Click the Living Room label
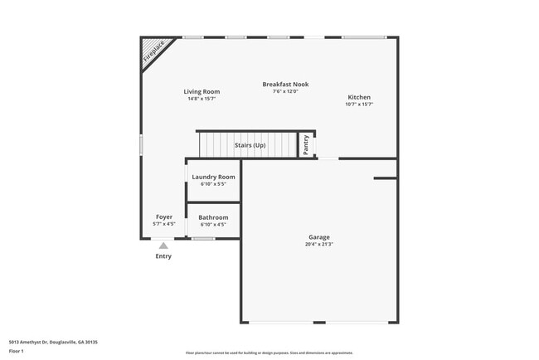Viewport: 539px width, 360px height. [x=202, y=91]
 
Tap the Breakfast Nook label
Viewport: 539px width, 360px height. [x=285, y=84]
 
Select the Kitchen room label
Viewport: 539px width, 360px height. [x=359, y=97]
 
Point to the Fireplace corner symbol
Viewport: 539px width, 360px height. [x=153, y=51]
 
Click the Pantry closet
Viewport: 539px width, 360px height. [x=306, y=144]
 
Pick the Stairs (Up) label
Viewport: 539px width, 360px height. [x=250, y=145]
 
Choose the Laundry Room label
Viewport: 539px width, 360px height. [x=213, y=177]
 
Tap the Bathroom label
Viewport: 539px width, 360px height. [x=213, y=217]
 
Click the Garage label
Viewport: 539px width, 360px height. [x=319, y=237]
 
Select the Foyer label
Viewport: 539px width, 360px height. [x=164, y=216]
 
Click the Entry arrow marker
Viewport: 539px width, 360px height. [x=163, y=246]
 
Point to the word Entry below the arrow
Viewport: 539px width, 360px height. [x=163, y=256]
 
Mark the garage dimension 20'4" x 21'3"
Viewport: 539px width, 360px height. [x=319, y=244]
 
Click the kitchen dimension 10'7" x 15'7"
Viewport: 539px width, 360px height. [x=359, y=105]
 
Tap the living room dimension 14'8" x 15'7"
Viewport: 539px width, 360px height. [x=202, y=99]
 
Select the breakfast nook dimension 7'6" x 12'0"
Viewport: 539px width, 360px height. [x=285, y=91]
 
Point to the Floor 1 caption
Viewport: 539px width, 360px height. [x=17, y=352]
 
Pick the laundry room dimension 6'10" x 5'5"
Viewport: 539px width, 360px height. [x=213, y=184]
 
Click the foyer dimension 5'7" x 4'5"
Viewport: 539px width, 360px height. [x=164, y=224]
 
